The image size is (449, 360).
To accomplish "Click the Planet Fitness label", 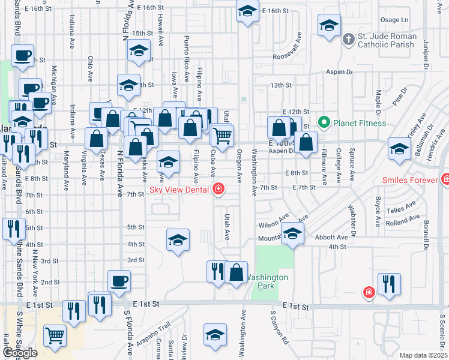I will [359, 124].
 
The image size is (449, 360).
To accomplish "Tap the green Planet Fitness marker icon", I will [324, 124].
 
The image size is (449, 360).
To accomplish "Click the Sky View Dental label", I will [179, 190].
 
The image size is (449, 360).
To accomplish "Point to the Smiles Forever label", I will [411, 179].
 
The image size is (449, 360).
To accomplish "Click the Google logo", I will [20, 353].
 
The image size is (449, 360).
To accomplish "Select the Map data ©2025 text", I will [424, 355].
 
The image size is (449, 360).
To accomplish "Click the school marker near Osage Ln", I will [328, 26].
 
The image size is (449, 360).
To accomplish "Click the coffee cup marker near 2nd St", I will [119, 280].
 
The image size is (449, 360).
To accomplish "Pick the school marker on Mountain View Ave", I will [292, 233].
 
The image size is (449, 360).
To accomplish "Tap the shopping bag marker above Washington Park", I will [237, 272].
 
